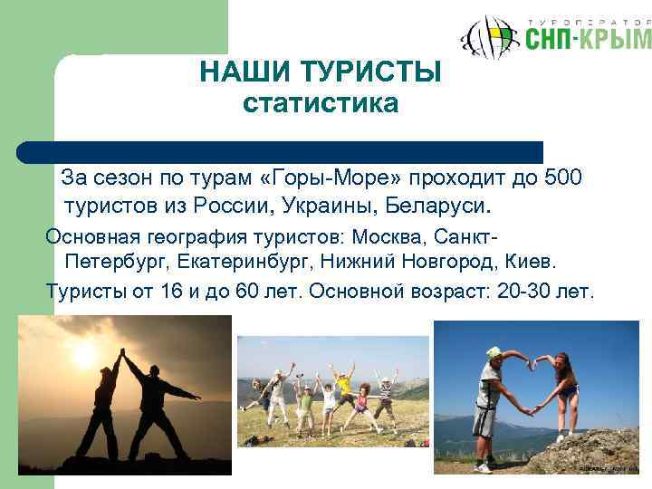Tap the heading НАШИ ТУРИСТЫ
coord(321,71)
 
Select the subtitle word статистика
coord(321,104)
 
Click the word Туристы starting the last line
coord(83,292)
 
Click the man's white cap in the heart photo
coord(494,352)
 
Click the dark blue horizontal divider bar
coord(281,151)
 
